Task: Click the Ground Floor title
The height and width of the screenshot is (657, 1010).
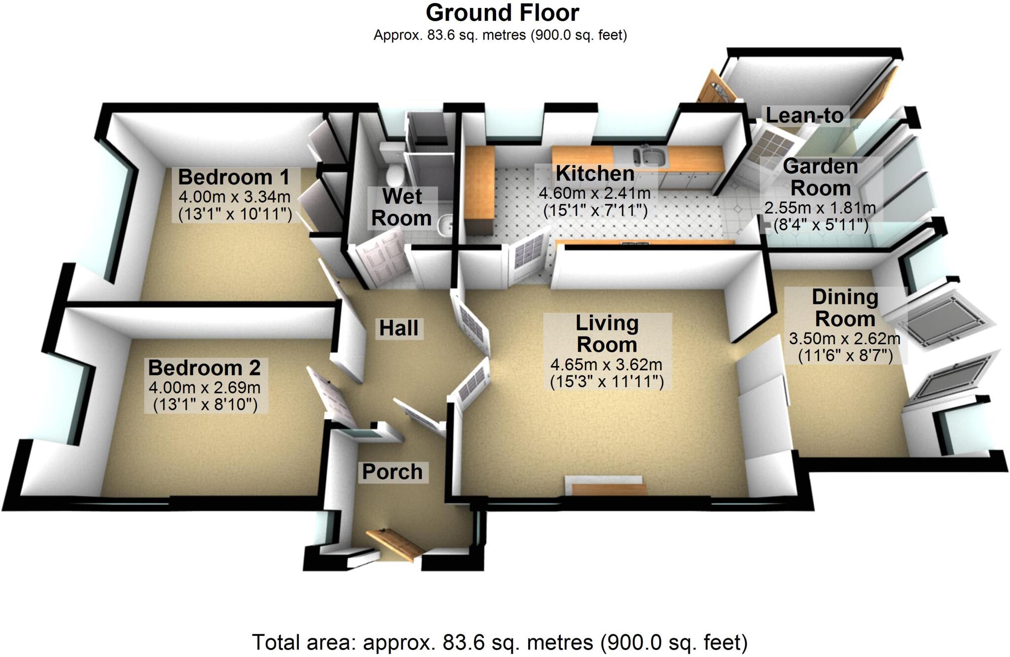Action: coord(502,13)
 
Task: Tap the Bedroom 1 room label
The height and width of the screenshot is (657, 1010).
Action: coord(234,177)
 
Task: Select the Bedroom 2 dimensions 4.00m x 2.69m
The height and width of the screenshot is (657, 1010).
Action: coord(205,387)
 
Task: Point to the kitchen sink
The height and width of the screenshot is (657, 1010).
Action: coord(651,157)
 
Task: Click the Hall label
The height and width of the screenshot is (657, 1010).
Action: coord(398,328)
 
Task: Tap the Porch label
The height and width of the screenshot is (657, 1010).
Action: coord(392,472)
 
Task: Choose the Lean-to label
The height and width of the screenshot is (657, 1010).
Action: coord(804,115)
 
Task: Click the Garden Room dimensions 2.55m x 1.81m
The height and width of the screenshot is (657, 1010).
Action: coord(820,208)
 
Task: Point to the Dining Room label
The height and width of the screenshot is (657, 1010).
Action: coord(845,308)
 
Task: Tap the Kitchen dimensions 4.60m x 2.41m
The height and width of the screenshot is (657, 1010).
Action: coord(594,193)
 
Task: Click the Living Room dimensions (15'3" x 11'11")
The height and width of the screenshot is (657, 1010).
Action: coord(607,381)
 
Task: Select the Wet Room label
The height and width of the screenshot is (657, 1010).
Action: coord(401,207)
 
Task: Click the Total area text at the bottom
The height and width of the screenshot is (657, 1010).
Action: coord(500,642)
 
